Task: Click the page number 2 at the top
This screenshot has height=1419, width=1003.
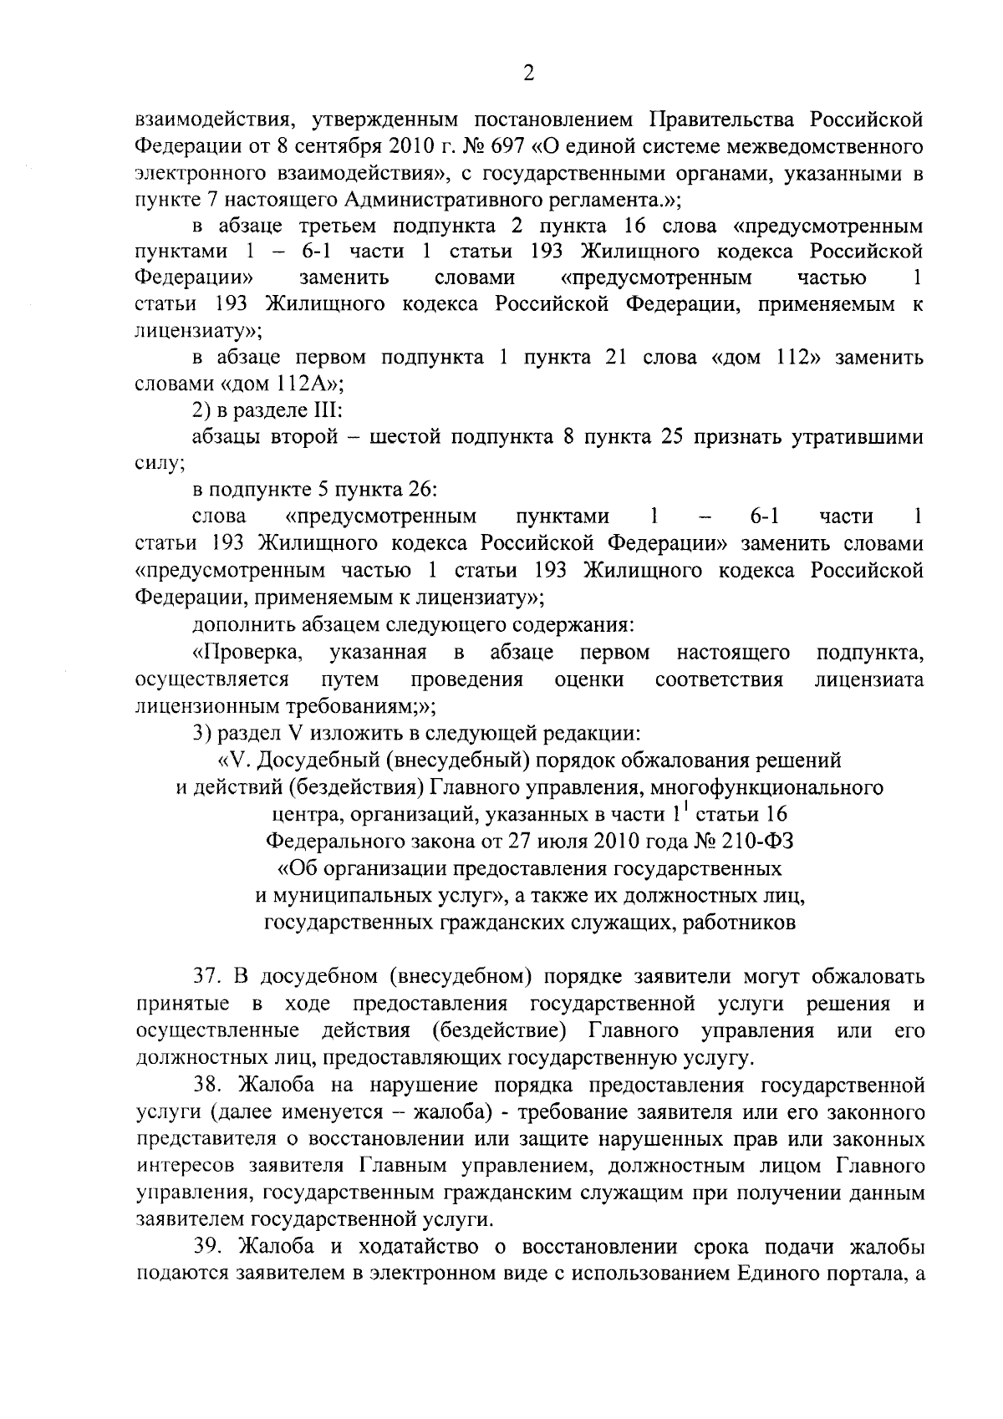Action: (x=528, y=74)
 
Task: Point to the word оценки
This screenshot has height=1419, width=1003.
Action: (x=589, y=679)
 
